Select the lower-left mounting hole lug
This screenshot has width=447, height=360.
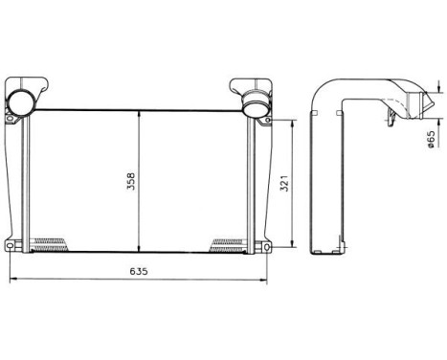pos(11,248)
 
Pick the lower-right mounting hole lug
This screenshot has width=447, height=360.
pos(262,248)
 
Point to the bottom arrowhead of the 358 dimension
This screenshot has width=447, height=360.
pos(140,246)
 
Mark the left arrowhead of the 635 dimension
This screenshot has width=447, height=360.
pos(10,281)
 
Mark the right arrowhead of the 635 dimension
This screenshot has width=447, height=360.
pos(267,281)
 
